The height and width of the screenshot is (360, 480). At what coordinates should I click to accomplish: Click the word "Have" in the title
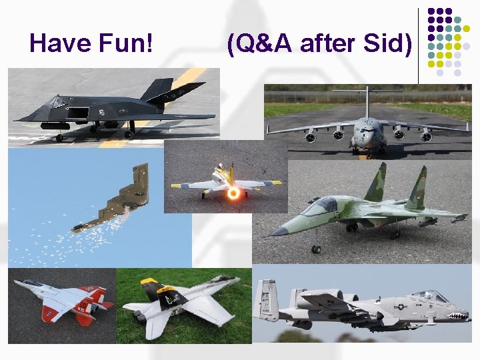60,44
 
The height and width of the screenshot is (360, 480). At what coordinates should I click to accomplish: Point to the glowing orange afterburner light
233,193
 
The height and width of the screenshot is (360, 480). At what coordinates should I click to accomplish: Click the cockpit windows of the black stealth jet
57,102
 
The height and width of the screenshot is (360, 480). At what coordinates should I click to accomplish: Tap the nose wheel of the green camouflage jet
315,249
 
